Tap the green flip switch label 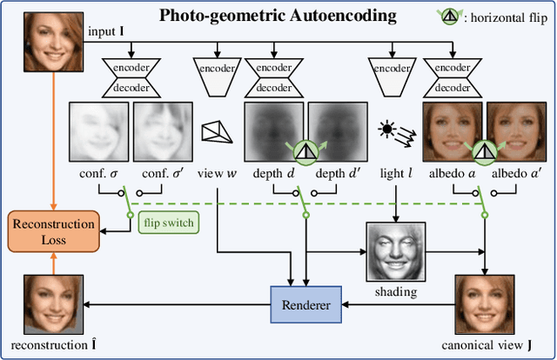[167, 223]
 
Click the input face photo [44, 37]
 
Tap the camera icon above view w [217, 131]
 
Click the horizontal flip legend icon [448, 15]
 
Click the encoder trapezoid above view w [217, 77]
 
